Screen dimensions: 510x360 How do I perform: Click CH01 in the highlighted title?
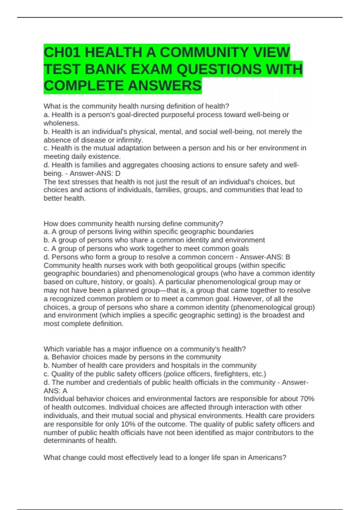coord(62,53)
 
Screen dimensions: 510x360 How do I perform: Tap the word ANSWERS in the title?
coord(165,86)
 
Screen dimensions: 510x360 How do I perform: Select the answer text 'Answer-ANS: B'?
coord(265,257)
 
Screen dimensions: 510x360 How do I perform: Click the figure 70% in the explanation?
coord(307,399)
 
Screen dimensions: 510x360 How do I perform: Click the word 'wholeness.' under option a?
coord(61,123)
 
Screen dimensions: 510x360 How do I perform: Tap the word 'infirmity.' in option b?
coord(130,140)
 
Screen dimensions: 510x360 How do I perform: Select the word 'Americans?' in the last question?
coord(267,457)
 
